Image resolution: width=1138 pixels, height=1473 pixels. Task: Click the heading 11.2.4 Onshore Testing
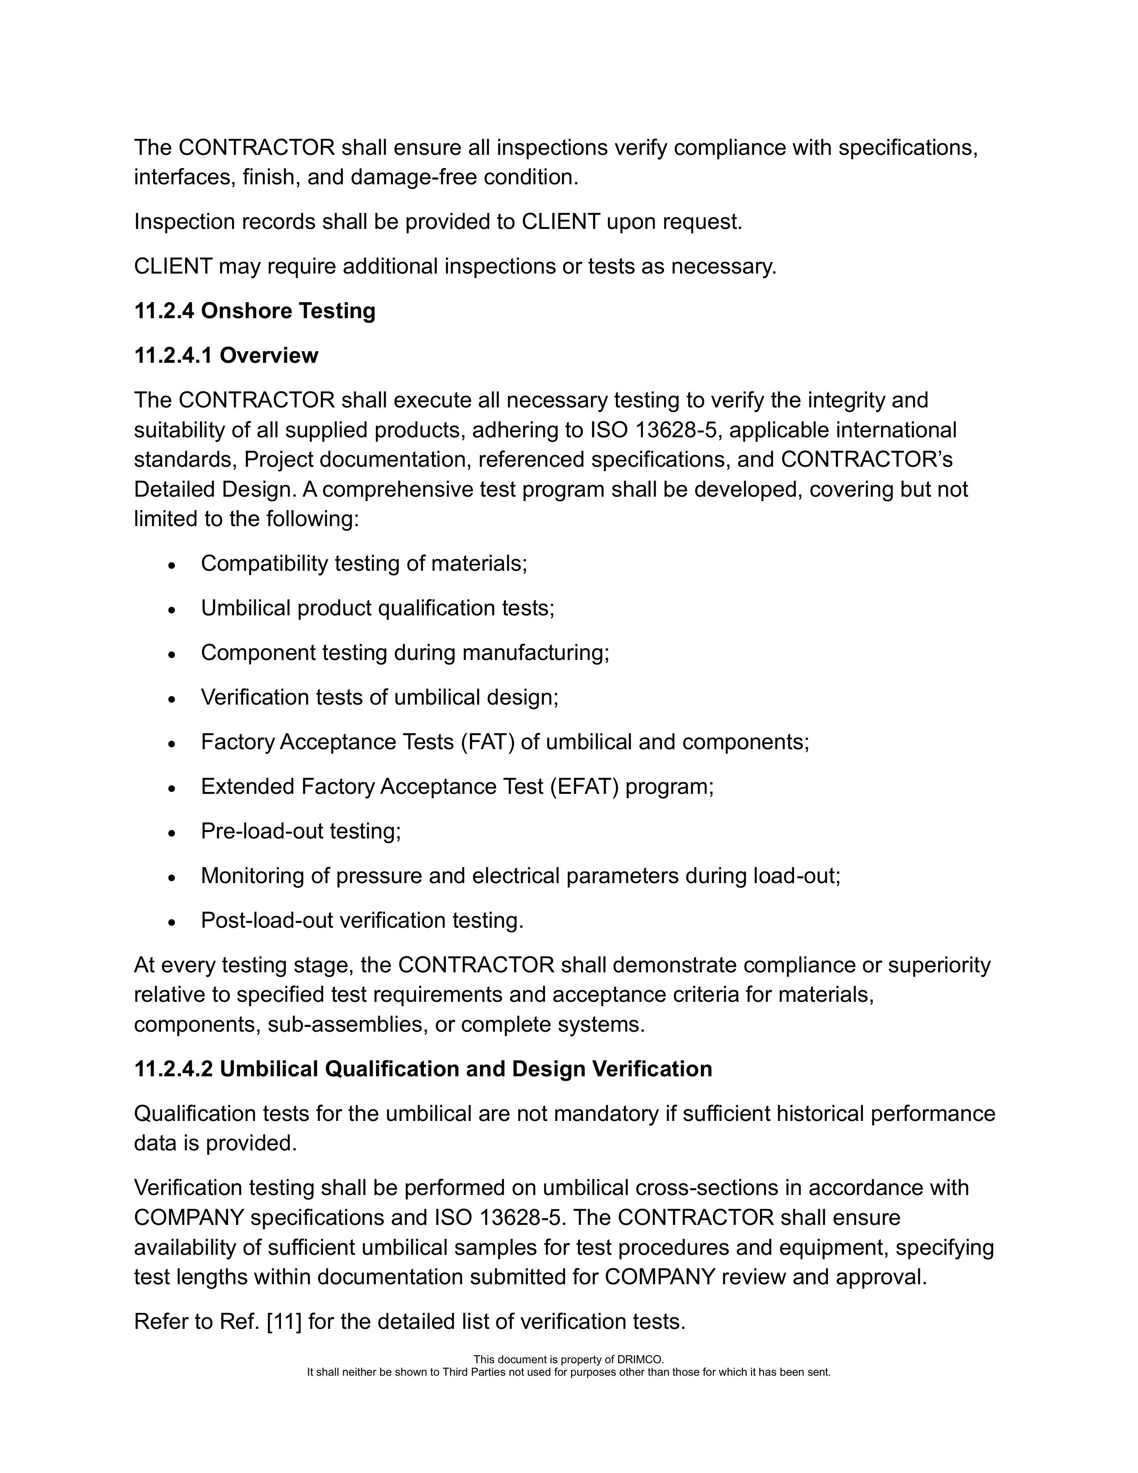(254, 311)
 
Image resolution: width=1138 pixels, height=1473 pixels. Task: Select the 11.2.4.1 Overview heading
(226, 356)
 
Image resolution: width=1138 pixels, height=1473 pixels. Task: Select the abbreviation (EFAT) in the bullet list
(583, 786)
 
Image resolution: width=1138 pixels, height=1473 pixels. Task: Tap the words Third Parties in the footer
(478, 1372)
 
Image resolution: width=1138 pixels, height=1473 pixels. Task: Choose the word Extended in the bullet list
(248, 786)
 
